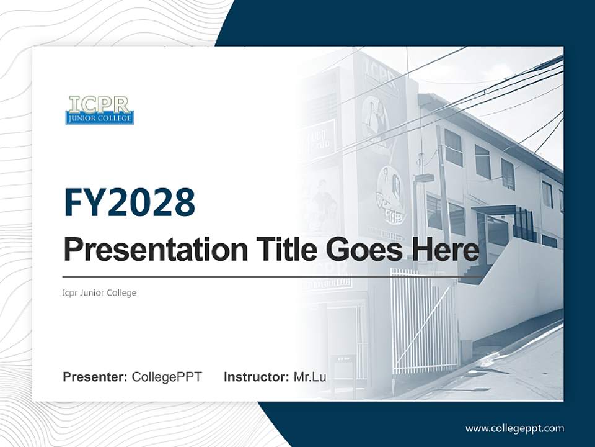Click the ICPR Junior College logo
(99, 110)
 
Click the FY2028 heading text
(130, 202)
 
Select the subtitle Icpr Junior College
(100, 292)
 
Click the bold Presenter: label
(95, 377)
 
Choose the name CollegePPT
(167, 377)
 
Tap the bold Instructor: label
(256, 377)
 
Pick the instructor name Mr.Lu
(310, 377)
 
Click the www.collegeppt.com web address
(514, 428)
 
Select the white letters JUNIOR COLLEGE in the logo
(99, 118)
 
